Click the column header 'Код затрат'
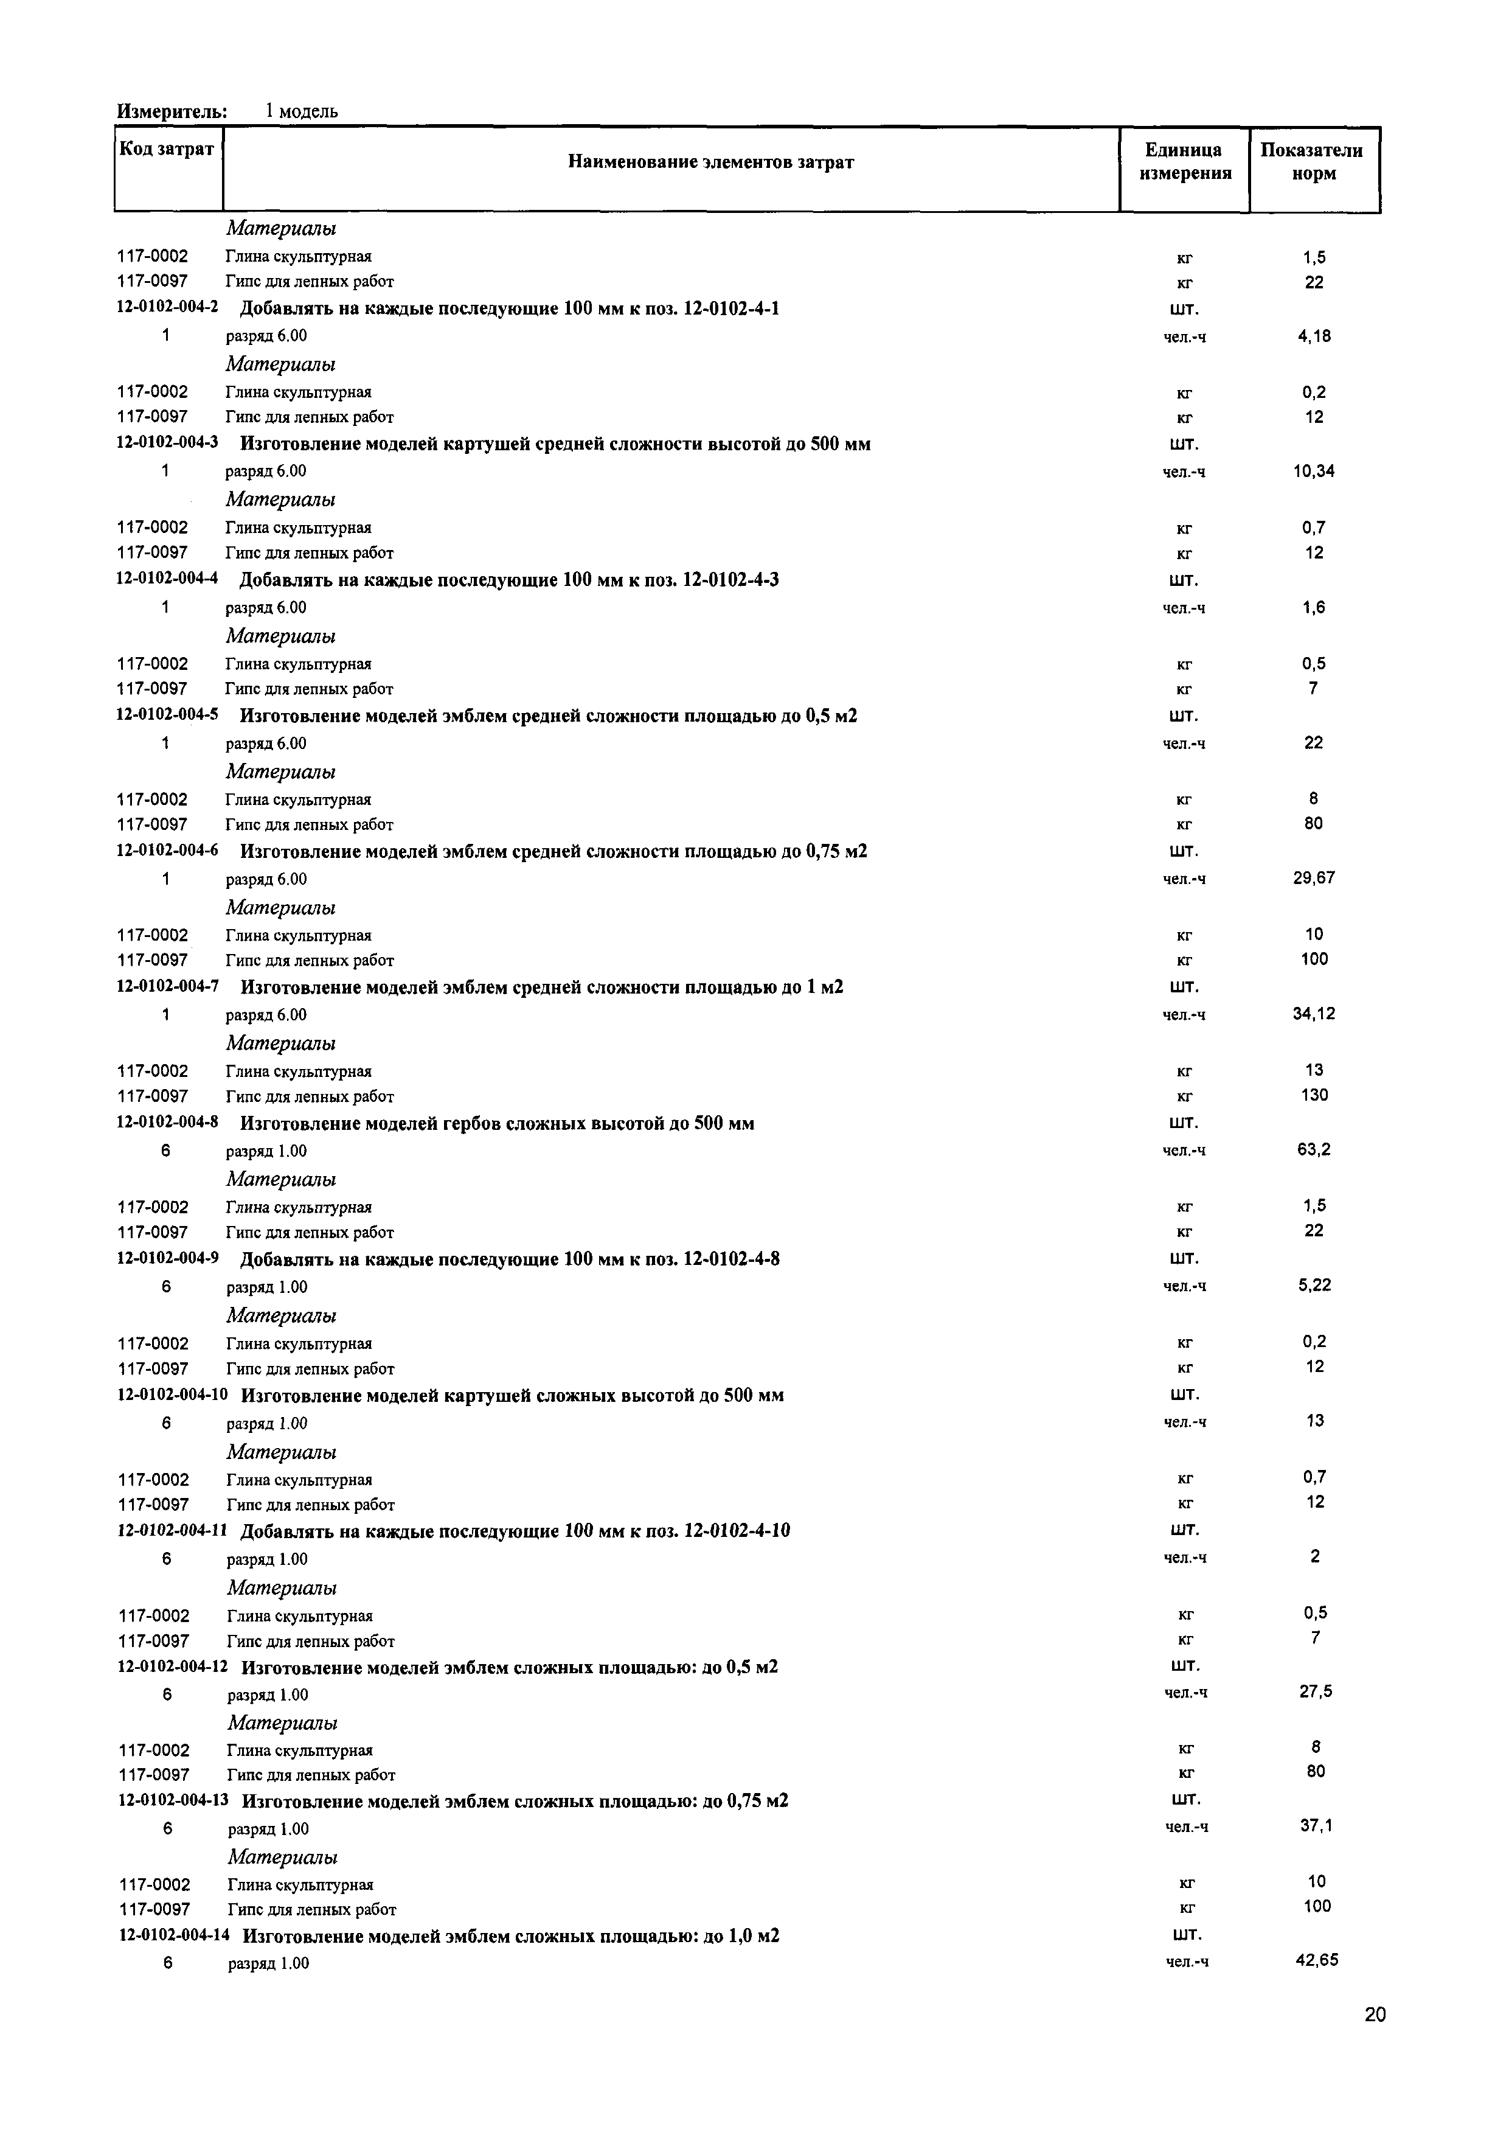[167, 150]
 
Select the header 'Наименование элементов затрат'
[710, 162]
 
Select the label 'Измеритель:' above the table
[172, 111]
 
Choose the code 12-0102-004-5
[167, 715]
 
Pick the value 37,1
[1316, 1825]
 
